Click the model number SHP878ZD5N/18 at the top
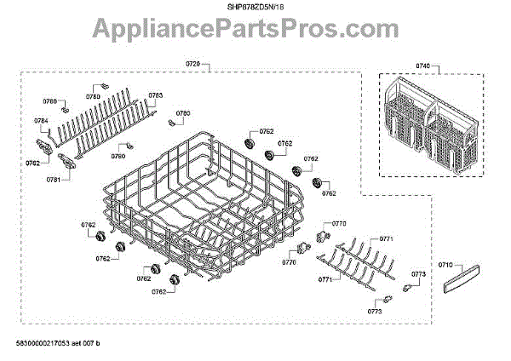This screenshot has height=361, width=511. tap(255, 7)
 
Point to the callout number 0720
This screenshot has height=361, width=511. tap(192, 65)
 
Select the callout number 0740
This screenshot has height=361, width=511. tap(422, 65)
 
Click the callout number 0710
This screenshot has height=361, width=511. tap(445, 266)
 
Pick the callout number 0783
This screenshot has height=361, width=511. tap(156, 96)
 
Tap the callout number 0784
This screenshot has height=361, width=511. tap(41, 121)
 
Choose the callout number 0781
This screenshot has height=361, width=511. tap(53, 180)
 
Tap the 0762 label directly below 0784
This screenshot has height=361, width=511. tap(32, 163)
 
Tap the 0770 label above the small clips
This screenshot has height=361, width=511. tap(338, 224)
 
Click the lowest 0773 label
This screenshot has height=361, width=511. tap(375, 312)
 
